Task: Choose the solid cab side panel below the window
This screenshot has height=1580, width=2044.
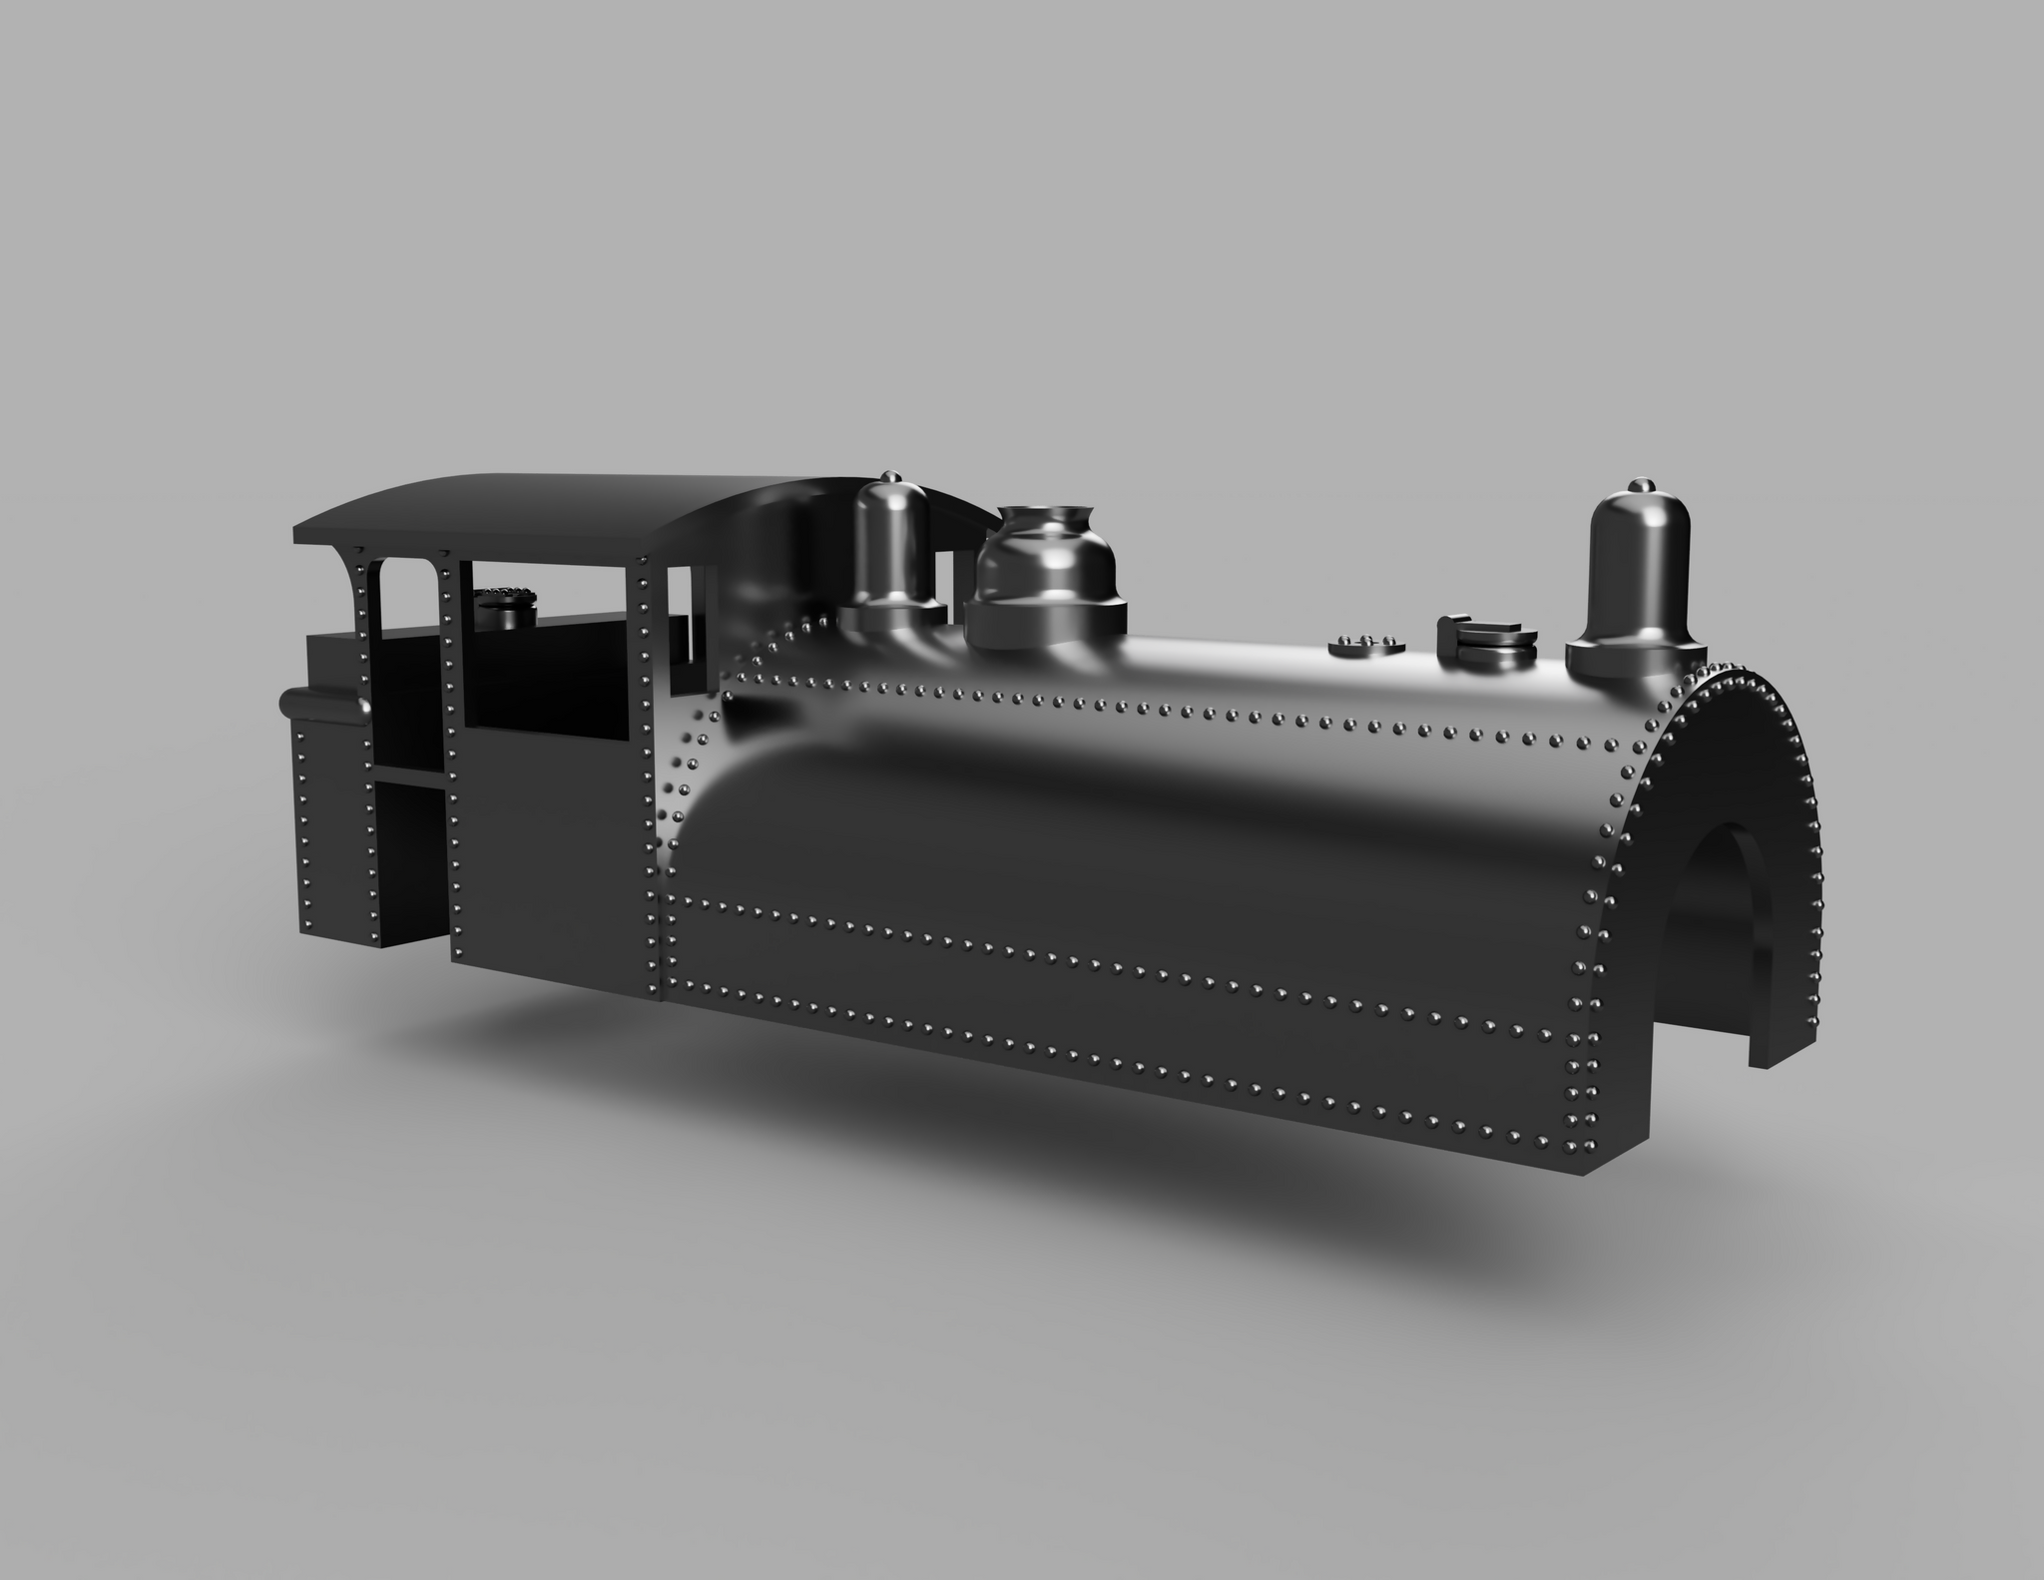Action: coord(547,858)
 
